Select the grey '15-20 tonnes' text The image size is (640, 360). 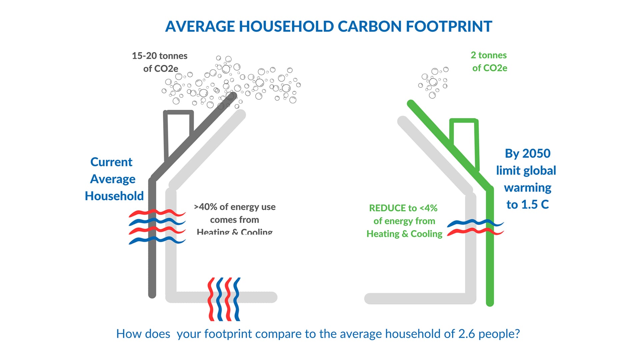160,56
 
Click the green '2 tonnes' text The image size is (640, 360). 489,55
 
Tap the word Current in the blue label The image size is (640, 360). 111,162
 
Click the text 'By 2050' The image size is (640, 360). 527,153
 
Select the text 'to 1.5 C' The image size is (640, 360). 527,204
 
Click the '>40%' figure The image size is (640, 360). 205,207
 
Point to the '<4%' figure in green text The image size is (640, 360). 428,208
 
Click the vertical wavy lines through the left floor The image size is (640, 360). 224,299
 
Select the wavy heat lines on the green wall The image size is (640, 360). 475,227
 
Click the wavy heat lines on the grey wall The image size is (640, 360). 157,227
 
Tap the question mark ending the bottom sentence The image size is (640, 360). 517,334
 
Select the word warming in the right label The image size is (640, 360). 527,188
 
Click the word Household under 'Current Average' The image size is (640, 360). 114,196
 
